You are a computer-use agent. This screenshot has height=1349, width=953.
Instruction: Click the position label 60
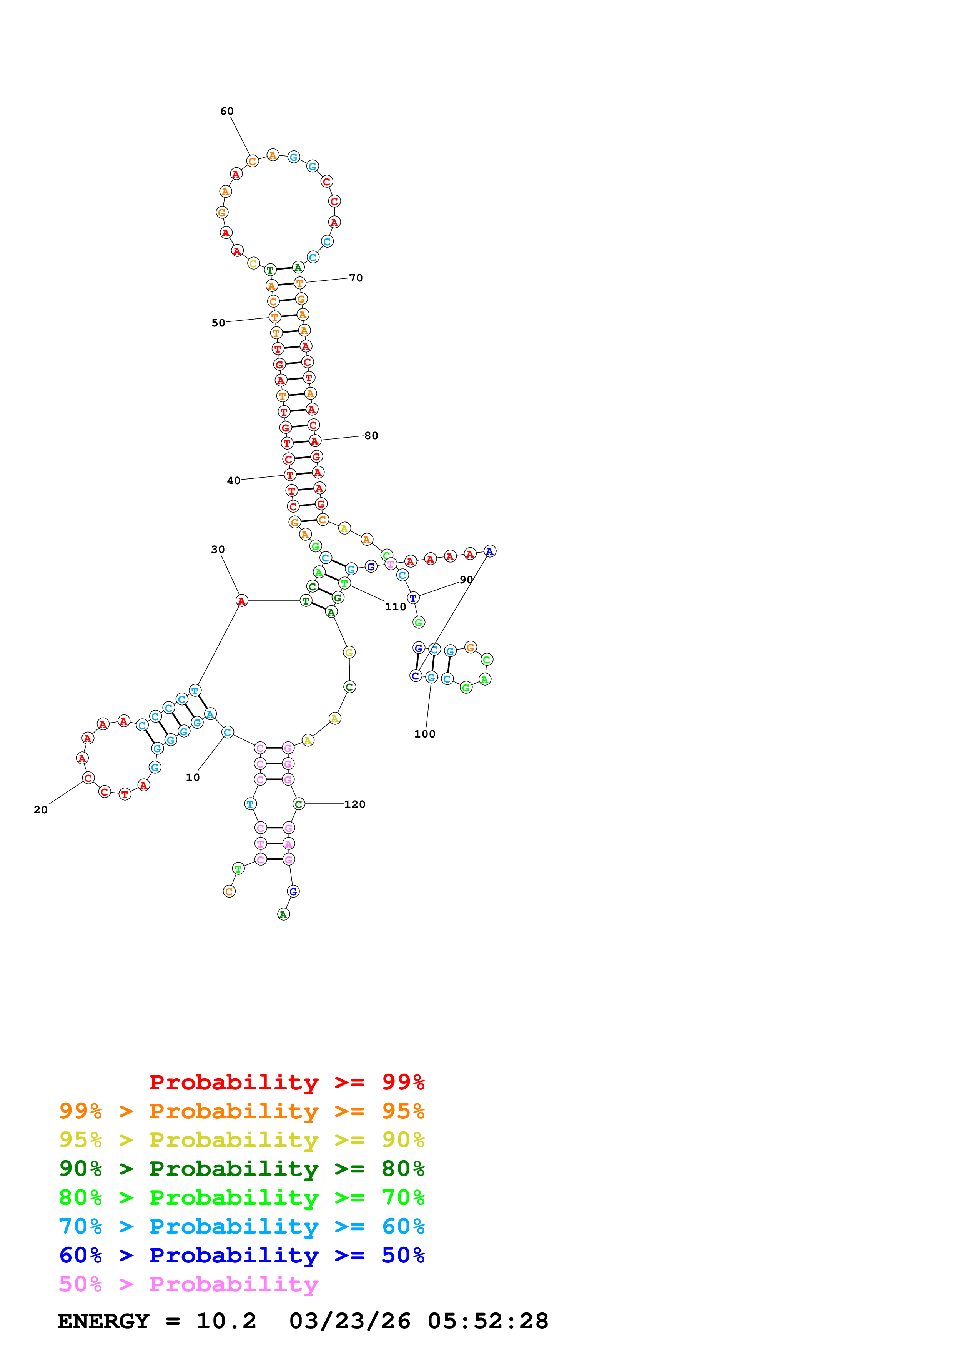pyautogui.click(x=227, y=111)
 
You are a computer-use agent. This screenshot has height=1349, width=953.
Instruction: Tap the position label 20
pyautogui.click(x=40, y=809)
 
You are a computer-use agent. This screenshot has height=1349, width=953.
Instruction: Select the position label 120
pyautogui.click(x=355, y=804)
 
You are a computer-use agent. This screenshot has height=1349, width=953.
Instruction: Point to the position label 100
pyautogui.click(x=424, y=734)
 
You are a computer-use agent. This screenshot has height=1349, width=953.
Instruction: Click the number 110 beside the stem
pyautogui.click(x=395, y=606)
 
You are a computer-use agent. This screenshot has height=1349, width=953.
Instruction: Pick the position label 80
pyautogui.click(x=371, y=435)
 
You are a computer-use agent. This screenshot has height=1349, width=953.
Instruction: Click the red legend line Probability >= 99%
pyautogui.click(x=286, y=1082)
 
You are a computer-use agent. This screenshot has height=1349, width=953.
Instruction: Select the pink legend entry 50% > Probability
pyautogui.click(x=188, y=1284)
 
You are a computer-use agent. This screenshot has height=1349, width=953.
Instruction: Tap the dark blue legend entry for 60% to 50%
pyautogui.click(x=241, y=1255)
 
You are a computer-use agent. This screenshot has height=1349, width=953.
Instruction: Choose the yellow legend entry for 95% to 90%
pyautogui.click(x=241, y=1140)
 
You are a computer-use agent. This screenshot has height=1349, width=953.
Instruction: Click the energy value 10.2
pyautogui.click(x=226, y=1321)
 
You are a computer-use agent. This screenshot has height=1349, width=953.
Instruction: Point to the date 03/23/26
pyautogui.click(x=349, y=1321)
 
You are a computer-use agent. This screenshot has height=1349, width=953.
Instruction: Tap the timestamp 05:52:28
pyautogui.click(x=487, y=1321)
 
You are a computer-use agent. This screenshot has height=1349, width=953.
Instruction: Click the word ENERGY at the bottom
pyautogui.click(x=103, y=1321)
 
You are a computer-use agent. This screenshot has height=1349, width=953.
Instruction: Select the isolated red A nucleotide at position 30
pyautogui.click(x=241, y=600)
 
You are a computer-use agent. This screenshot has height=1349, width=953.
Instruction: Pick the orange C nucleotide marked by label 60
pyautogui.click(x=253, y=161)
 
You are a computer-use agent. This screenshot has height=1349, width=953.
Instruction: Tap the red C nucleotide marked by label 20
pyautogui.click(x=88, y=778)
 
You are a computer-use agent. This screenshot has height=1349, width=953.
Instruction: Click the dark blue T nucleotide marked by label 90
pyautogui.click(x=413, y=598)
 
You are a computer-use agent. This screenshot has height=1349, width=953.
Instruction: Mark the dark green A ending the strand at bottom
pyautogui.click(x=284, y=914)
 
